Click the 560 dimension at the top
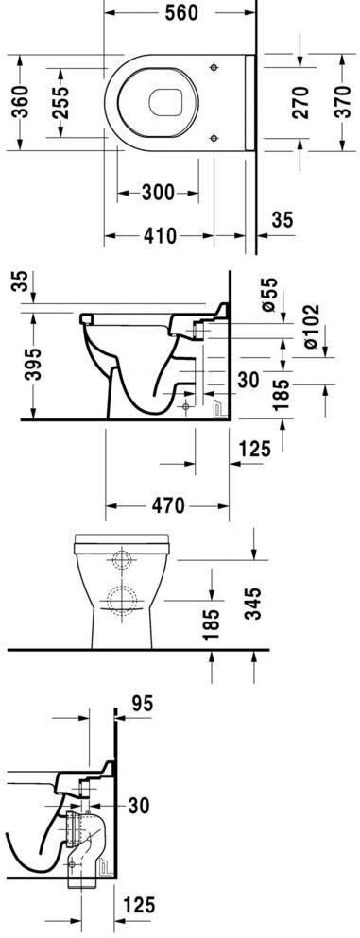click(180, 12)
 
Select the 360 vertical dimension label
click(21, 102)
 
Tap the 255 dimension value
click(61, 103)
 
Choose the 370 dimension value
click(342, 102)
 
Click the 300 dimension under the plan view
click(158, 193)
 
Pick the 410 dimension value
click(160, 236)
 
